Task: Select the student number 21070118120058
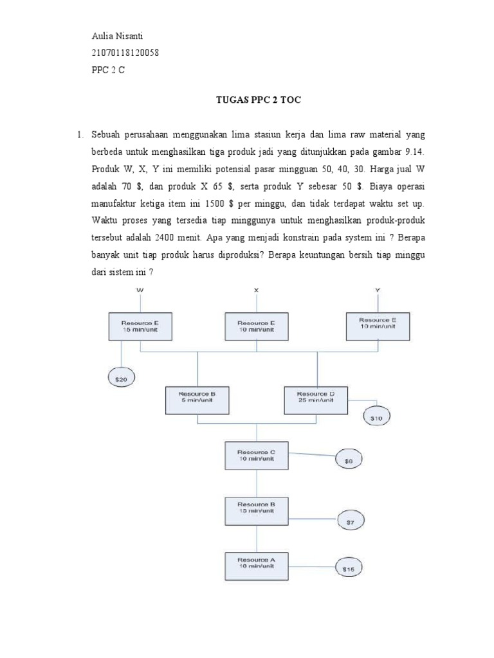point(125,53)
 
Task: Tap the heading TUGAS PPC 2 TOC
point(257,100)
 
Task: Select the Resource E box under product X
point(257,326)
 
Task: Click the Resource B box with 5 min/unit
point(197,400)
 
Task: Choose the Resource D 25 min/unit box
point(316,400)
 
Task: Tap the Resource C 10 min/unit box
point(257,456)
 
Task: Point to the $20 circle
point(122,380)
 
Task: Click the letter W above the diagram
point(140,290)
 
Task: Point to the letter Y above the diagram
point(378,290)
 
